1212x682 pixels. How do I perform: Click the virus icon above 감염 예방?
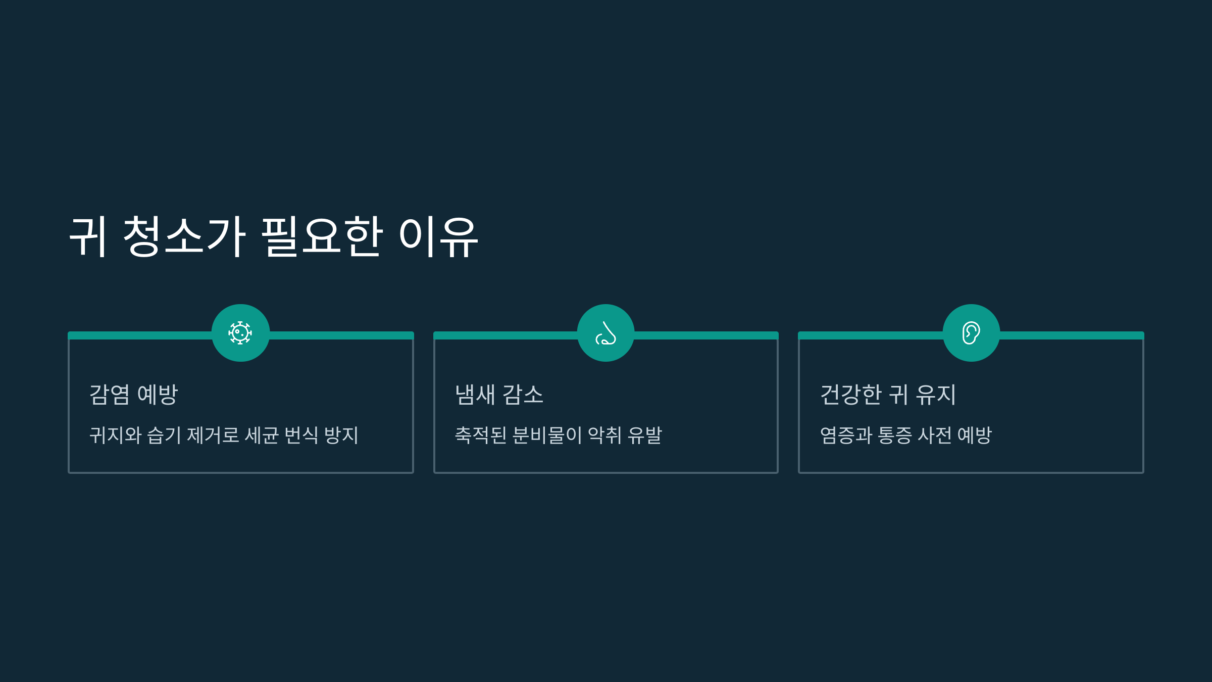pyautogui.click(x=240, y=333)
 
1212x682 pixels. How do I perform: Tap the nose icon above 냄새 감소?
pyautogui.click(x=605, y=333)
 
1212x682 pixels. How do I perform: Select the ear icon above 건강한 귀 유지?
pyautogui.click(x=971, y=333)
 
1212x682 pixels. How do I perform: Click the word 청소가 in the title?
pyautogui.click(x=184, y=236)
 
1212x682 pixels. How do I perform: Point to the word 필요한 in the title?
pyautogui.click(x=322, y=236)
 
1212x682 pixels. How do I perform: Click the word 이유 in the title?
pyautogui.click(x=438, y=236)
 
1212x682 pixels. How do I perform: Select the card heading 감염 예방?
pyautogui.click(x=133, y=395)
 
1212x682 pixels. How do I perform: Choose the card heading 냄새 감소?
pyautogui.click(x=499, y=395)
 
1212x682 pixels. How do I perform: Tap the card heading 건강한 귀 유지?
pyautogui.click(x=888, y=395)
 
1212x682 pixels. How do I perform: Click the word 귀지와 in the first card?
pyautogui.click(x=115, y=435)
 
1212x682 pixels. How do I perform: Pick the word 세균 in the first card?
pyautogui.click(x=262, y=435)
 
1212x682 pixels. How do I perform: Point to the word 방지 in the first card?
pyautogui.click(x=341, y=435)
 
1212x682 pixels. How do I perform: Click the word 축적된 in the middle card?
pyautogui.click(x=481, y=435)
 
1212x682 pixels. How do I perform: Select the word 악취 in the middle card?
pyautogui.click(x=604, y=435)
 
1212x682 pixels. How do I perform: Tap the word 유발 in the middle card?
pyautogui.click(x=644, y=435)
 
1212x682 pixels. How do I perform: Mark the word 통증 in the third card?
pyautogui.click(x=894, y=435)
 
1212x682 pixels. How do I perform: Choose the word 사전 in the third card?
pyautogui.click(x=934, y=435)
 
